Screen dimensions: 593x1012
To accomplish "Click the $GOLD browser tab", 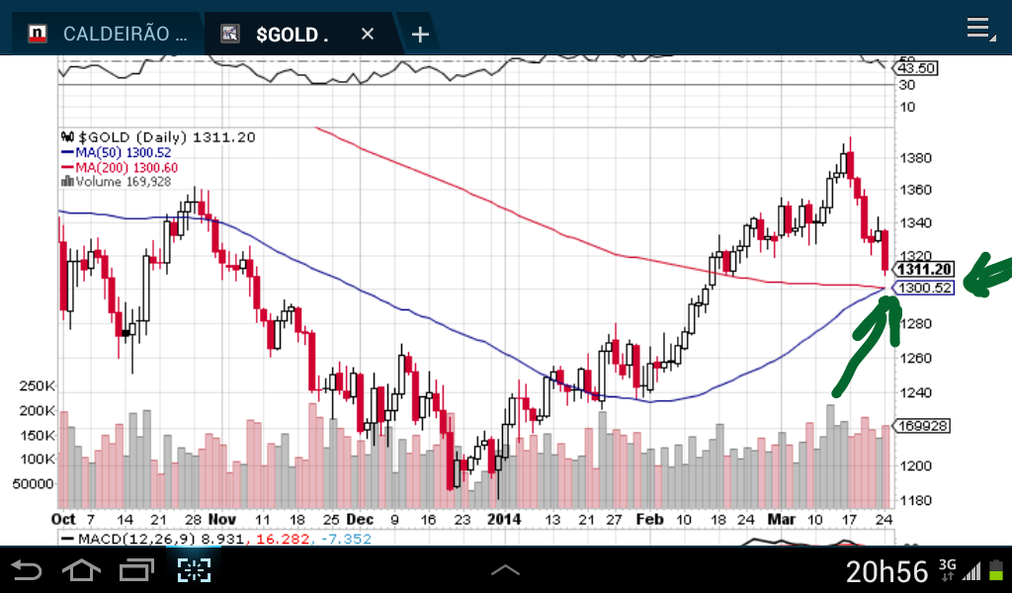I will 291,35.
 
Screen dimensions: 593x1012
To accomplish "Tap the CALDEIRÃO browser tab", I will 124,35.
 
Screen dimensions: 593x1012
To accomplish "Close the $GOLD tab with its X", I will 368,35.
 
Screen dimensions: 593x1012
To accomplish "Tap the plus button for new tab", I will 420,35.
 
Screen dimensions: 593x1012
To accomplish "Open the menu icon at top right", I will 979,29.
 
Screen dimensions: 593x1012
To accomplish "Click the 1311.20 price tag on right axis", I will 923,269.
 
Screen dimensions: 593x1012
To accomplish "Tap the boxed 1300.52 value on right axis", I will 923,288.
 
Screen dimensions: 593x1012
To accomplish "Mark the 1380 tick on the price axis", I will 913,158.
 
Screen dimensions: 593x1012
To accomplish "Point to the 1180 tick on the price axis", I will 913,499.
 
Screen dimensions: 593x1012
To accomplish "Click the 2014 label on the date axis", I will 504,519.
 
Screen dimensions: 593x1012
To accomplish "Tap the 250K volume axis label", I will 37,385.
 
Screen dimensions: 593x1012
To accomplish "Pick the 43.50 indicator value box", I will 915,68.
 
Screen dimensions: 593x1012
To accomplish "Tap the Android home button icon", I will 81,570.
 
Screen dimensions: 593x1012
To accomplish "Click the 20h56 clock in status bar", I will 886,570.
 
